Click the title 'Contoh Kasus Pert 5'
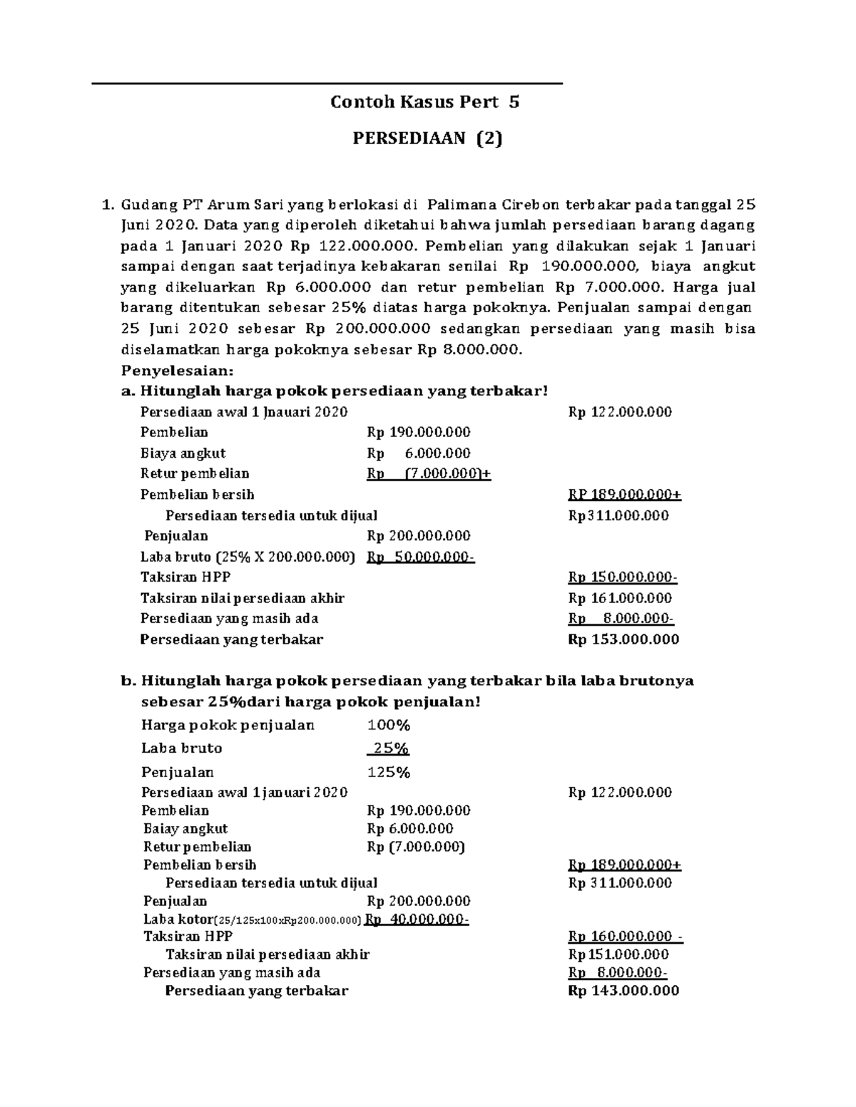tap(424, 102)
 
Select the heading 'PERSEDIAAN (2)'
tap(427, 138)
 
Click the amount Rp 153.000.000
tap(623, 639)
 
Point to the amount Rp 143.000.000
tap(623, 990)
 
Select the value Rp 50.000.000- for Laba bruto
tap(420, 557)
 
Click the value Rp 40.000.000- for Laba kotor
tap(417, 919)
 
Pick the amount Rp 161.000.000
tap(620, 598)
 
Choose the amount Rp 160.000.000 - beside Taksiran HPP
tap(626, 937)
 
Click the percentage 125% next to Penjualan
tap(389, 772)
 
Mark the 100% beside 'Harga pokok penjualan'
tap(389, 725)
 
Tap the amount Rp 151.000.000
tap(618, 954)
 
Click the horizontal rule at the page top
tap(327, 84)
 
